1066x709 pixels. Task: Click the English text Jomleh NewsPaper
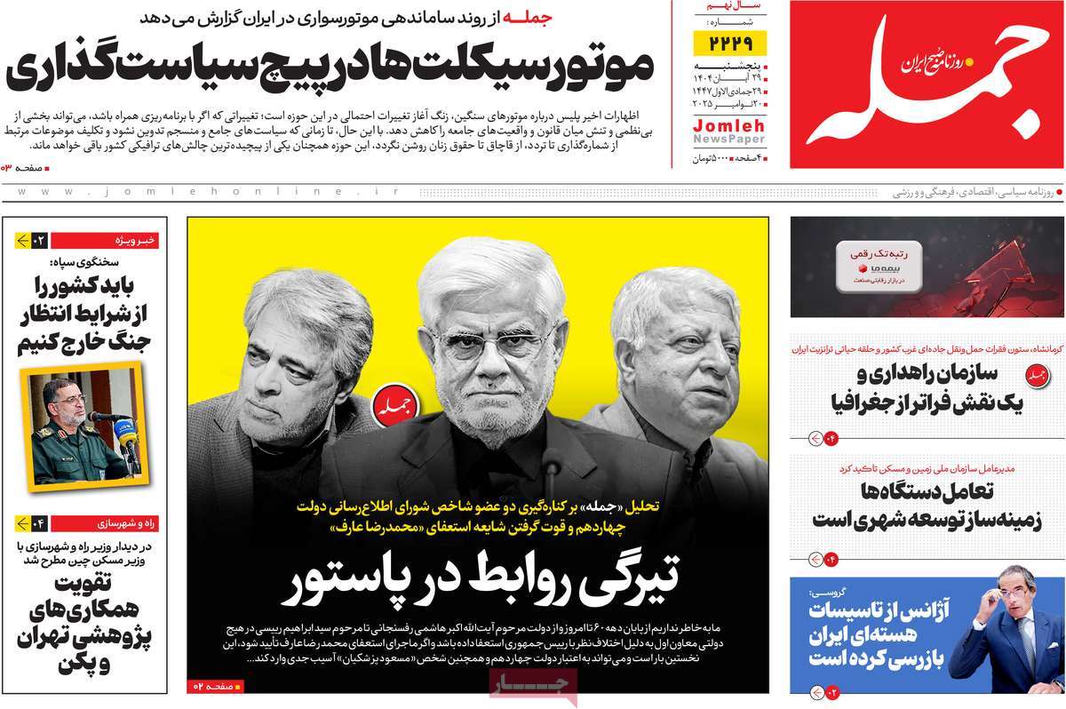pos(728,134)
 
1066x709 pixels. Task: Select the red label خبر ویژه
pos(138,240)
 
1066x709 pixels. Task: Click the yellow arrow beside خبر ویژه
pos(23,240)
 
